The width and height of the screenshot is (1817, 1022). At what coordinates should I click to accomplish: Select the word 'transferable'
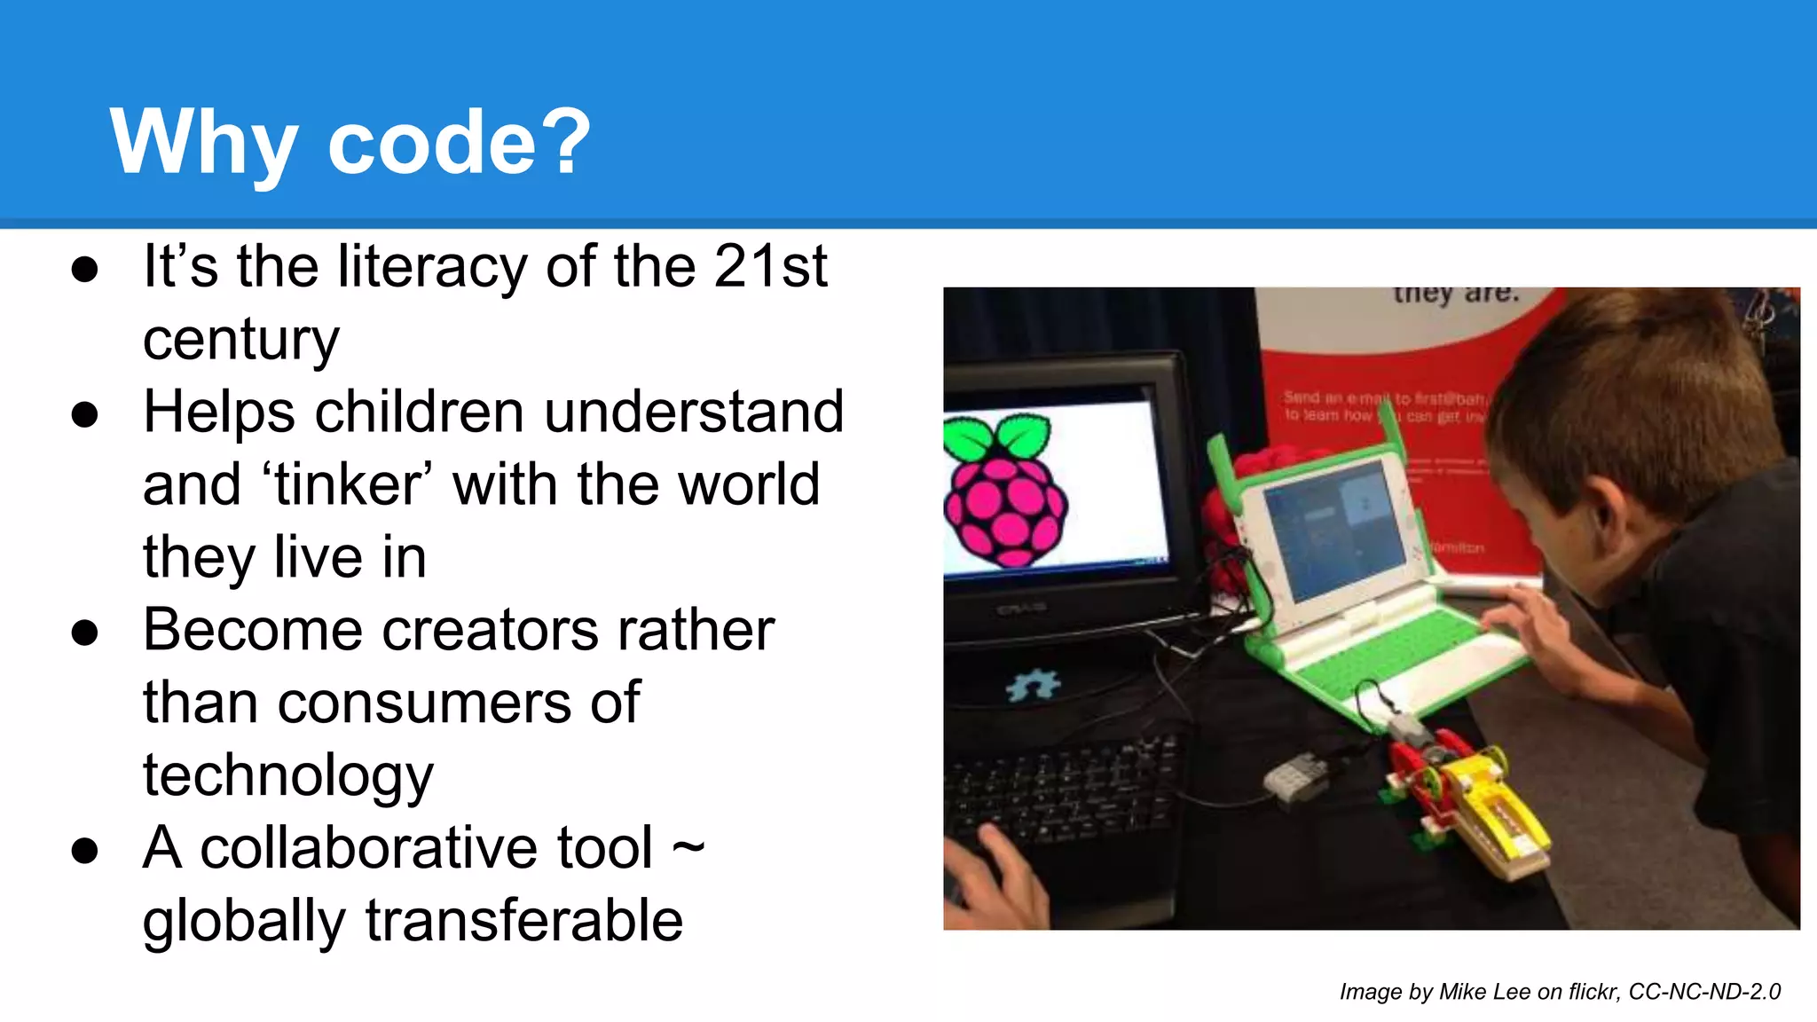[x=523, y=921]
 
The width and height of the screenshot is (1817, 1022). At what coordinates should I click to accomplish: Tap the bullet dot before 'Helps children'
[x=85, y=414]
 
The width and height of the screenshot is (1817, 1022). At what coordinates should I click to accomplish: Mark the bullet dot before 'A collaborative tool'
[x=85, y=850]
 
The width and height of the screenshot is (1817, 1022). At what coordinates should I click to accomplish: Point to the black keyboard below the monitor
[x=1065, y=790]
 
